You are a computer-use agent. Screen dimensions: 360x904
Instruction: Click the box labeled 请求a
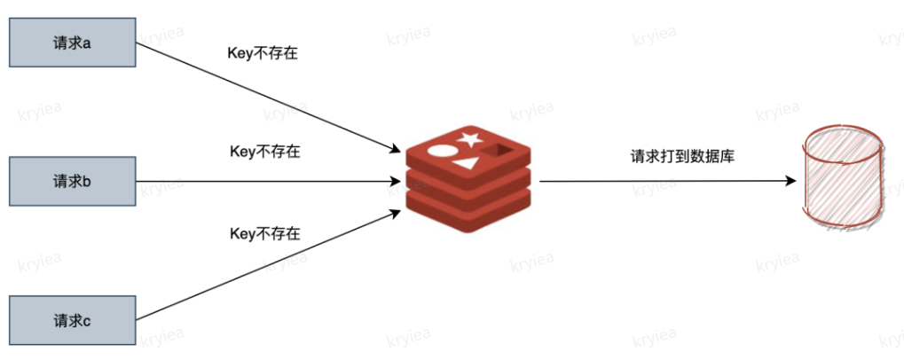(71, 42)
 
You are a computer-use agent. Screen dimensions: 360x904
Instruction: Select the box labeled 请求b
(71, 181)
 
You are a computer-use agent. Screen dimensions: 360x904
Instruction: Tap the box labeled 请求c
(71, 320)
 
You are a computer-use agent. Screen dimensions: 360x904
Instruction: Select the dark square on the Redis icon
(503, 153)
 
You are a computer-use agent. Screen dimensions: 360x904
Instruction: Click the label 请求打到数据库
(682, 157)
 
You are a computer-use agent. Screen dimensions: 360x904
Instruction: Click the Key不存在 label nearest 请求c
(264, 234)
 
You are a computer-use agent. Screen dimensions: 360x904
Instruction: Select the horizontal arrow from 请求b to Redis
(266, 182)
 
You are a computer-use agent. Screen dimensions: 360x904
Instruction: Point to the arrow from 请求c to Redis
(266, 266)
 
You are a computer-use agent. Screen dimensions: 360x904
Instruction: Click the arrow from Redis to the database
(665, 181)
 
